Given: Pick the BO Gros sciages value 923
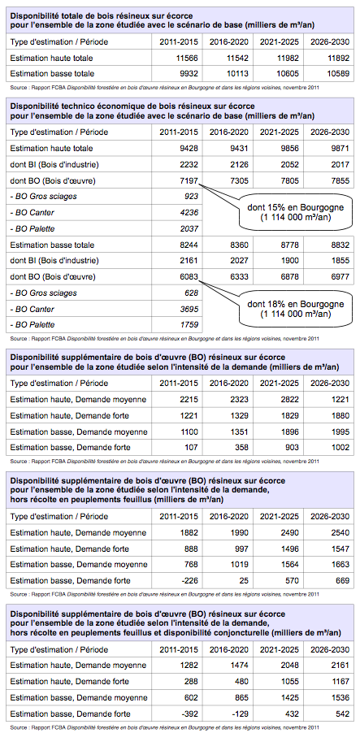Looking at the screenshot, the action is (192, 197).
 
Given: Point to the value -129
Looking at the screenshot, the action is (241, 714).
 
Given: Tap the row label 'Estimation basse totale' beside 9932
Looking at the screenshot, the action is (52, 73).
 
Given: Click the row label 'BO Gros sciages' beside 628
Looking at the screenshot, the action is (43, 293).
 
